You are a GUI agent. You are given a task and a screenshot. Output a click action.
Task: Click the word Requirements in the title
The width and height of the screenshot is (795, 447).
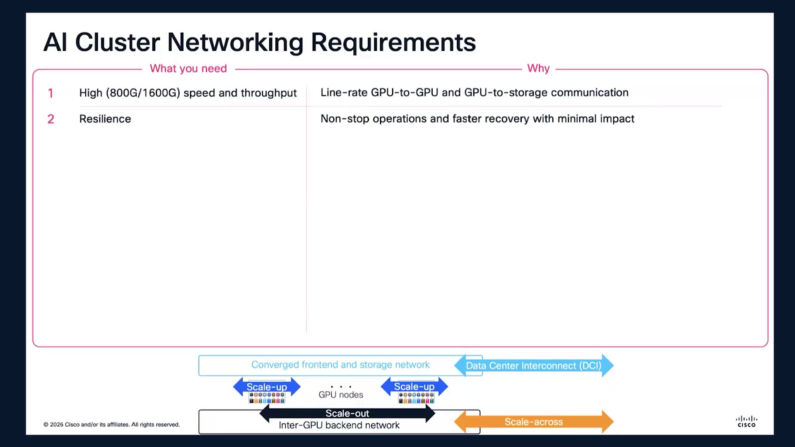393,43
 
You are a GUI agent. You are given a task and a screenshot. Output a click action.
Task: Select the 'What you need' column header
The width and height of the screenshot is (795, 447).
188,68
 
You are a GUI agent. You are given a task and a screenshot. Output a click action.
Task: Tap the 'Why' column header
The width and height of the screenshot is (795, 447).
538,68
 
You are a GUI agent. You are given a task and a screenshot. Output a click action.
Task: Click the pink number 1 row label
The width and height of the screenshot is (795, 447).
51,93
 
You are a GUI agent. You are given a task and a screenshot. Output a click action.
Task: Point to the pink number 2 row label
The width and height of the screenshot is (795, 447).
51,119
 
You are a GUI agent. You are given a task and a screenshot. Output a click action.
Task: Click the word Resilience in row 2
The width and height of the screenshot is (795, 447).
105,119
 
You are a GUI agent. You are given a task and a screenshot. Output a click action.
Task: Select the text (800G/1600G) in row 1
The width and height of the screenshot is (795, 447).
143,93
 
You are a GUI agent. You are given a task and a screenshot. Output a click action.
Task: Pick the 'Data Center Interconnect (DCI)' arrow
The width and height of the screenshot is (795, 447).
534,365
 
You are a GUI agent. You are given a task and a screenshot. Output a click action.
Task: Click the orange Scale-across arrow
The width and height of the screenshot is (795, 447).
534,422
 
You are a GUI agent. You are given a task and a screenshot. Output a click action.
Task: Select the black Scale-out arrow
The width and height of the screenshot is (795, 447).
347,413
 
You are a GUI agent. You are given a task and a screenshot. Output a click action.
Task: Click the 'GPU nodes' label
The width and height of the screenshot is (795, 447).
341,395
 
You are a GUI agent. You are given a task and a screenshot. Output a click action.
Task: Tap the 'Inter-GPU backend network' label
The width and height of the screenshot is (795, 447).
339,425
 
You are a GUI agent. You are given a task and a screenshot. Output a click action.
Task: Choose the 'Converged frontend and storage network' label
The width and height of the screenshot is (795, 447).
340,365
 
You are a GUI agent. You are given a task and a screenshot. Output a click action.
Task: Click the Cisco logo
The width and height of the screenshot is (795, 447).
747,422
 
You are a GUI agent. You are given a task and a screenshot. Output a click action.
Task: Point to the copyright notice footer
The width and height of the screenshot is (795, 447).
112,425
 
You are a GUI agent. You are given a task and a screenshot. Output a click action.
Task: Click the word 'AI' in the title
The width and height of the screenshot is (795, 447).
55,42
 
